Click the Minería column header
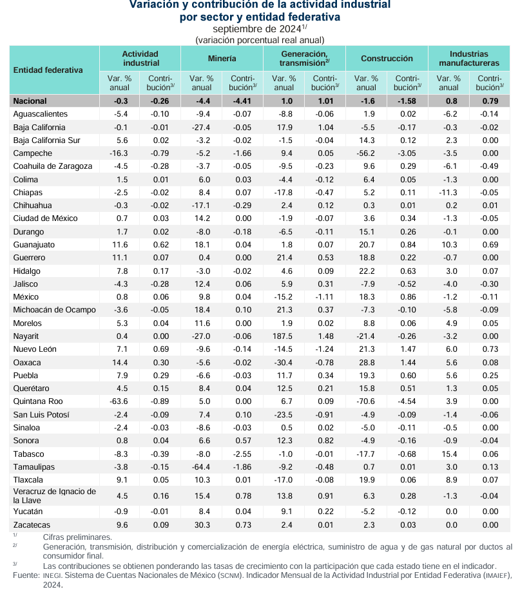coord(222,58)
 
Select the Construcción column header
coord(387,58)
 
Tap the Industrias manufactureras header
coord(469,58)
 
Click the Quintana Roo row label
coord(36,401)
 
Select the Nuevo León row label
coord(35,349)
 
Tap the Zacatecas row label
coord(32,525)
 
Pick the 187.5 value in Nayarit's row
coord(284,336)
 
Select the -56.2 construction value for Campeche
coord(366,153)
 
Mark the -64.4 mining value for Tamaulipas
coord(202,466)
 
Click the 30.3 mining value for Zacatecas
coord(202,525)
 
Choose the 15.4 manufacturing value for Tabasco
coord(448,454)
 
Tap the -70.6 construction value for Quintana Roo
coord(366,401)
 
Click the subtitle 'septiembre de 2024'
coord(258,29)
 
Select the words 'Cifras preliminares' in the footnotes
coord(77,537)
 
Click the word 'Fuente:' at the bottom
coord(26,575)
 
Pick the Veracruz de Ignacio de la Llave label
coord(55,496)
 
